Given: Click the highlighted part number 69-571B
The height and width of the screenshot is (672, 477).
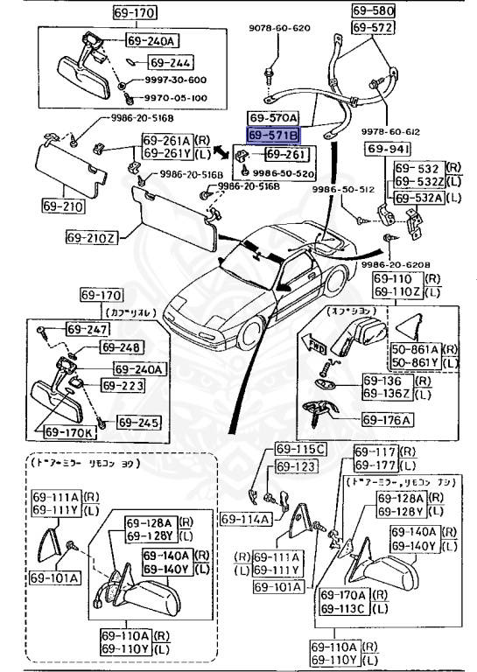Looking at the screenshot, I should coord(273,136).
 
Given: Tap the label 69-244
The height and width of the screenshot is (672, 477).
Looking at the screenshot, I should coord(169,63).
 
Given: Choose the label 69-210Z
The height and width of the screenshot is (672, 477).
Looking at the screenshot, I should coord(89,236).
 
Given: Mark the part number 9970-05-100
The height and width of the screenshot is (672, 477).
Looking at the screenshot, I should coord(175,98).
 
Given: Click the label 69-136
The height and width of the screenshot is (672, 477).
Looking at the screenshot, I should coord(387,381).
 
